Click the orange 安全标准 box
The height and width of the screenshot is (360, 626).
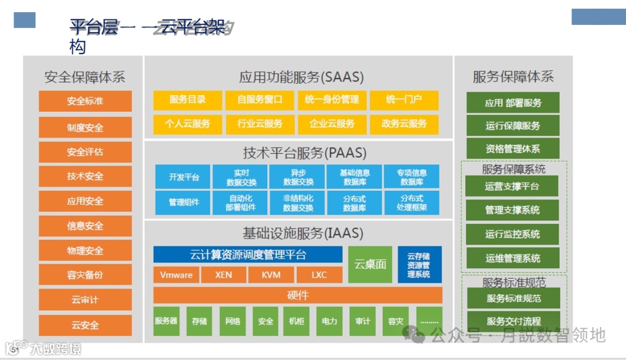(85, 101)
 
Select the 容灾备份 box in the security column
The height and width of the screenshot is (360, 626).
(85, 275)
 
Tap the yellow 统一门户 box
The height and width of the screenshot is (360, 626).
(404, 100)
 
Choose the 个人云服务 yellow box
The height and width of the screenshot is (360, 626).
(187, 123)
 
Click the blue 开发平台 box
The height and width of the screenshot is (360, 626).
(184, 177)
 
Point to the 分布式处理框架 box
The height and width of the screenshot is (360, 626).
(412, 202)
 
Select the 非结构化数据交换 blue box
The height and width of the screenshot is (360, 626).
(298, 202)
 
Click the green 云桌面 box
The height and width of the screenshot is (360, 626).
(370, 264)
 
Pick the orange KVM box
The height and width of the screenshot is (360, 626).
(271, 275)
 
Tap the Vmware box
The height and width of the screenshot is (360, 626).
(176, 275)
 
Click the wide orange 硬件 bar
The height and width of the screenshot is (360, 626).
(297, 295)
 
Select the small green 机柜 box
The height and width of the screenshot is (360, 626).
(296, 321)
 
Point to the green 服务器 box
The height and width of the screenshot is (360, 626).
(166, 321)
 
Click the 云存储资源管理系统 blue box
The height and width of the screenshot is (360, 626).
(419, 264)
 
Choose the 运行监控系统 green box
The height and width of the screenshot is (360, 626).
(512, 234)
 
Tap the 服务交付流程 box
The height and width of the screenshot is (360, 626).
(513, 321)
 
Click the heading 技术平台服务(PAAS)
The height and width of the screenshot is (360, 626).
(304, 153)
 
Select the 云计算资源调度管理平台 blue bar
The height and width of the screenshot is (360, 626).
(248, 254)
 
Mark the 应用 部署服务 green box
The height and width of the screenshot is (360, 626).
(513, 103)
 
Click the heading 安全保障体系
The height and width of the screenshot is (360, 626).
(85, 77)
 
